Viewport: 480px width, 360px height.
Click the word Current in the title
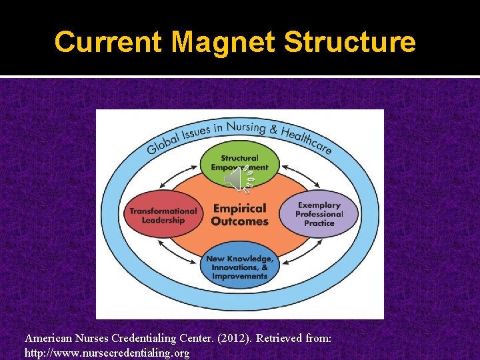(x=109, y=41)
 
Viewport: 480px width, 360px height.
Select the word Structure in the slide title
(x=350, y=41)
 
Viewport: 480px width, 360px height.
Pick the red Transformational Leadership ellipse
(x=163, y=215)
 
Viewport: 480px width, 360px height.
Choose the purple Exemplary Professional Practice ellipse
(x=319, y=214)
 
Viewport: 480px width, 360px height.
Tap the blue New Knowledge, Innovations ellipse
(x=239, y=267)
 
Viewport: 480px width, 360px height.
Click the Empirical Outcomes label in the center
(x=239, y=214)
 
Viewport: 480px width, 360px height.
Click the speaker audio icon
(x=237, y=179)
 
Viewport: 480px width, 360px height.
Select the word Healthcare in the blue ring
(x=307, y=138)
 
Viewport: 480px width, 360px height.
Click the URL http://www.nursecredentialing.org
(x=107, y=353)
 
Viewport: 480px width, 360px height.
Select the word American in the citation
(x=49, y=339)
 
